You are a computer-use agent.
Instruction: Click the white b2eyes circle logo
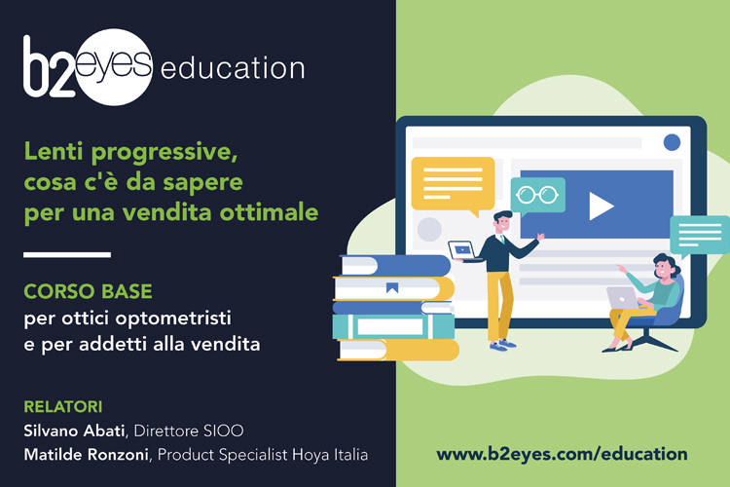coord(113,67)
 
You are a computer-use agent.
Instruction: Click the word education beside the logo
coord(233,68)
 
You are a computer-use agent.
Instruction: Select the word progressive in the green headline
coord(164,152)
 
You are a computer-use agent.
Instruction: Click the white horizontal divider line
coord(67,254)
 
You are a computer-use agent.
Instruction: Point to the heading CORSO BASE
coord(88,292)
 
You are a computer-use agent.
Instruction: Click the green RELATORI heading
coord(63,407)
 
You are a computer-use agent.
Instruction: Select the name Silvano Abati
coord(74,431)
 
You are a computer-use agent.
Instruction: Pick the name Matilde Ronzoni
coord(86,455)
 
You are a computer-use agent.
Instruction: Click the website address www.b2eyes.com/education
coord(562,454)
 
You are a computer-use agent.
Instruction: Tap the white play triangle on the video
coord(601,206)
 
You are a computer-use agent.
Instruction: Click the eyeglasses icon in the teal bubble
coord(537,195)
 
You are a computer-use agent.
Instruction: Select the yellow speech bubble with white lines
coord(453,185)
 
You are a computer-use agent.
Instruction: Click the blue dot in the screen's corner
coord(672,142)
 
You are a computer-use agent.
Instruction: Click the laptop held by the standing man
coord(462,250)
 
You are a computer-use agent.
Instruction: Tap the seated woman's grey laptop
coord(623,297)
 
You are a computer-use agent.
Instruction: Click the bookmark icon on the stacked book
coord(392,288)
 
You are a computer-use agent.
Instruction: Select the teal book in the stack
coord(393,326)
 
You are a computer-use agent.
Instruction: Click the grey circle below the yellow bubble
coord(429,229)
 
